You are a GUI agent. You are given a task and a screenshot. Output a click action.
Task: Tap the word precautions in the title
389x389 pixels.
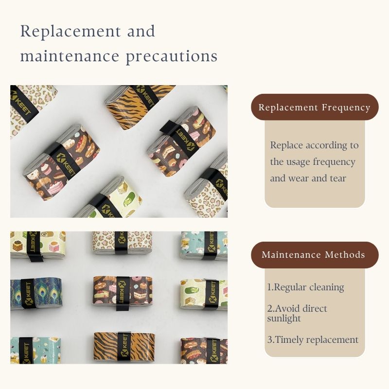(172, 57)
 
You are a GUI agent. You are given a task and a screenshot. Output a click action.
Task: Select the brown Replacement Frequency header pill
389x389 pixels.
(315, 107)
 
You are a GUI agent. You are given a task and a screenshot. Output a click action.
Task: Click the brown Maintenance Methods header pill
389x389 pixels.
(315, 255)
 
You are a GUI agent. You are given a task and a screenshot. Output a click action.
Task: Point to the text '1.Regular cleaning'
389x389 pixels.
(305, 287)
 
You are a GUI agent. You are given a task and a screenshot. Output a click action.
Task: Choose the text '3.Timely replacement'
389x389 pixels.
(313, 339)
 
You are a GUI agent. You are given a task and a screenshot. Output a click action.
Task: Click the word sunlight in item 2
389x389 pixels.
(284, 318)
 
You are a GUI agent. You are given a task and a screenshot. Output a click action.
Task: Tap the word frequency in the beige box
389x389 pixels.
(334, 162)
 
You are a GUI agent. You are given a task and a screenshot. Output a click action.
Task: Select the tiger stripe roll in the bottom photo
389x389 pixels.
(124, 347)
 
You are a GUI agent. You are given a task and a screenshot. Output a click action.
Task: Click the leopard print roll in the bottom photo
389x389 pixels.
(122, 243)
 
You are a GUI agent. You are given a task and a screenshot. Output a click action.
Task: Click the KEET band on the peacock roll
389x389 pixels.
(28, 294)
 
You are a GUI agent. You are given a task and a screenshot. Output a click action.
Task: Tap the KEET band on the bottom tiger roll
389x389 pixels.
(124, 347)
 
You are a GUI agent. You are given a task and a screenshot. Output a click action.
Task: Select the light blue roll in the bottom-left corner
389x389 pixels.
(35, 350)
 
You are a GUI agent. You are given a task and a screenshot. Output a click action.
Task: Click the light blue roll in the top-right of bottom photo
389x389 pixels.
(204, 246)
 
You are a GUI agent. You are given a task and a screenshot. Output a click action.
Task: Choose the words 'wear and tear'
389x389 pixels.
(317, 178)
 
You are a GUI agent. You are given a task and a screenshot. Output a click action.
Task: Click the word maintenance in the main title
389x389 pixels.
(70, 56)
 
